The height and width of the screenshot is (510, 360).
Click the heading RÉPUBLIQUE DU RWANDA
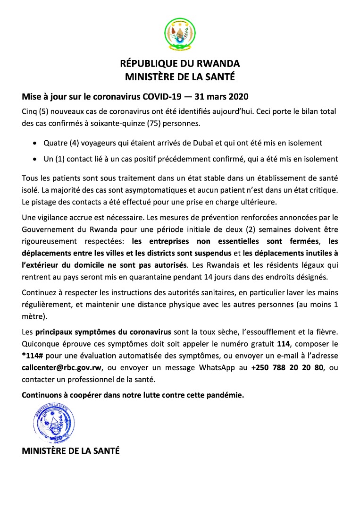click(180, 63)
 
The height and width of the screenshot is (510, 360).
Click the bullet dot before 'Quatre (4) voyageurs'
click(35, 143)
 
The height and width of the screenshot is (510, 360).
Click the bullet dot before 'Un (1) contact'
click(35, 159)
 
